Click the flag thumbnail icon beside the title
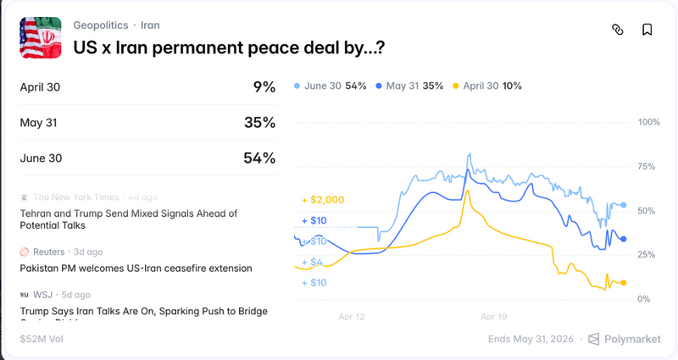41,37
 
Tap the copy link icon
618,30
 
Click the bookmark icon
647,30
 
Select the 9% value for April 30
264,86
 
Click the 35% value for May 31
259,122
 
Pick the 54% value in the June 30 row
259,158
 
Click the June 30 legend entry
330,86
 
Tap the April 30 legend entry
488,86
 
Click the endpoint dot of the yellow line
624,283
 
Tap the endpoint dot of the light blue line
624,205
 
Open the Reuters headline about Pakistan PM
136,268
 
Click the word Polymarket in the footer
632,339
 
